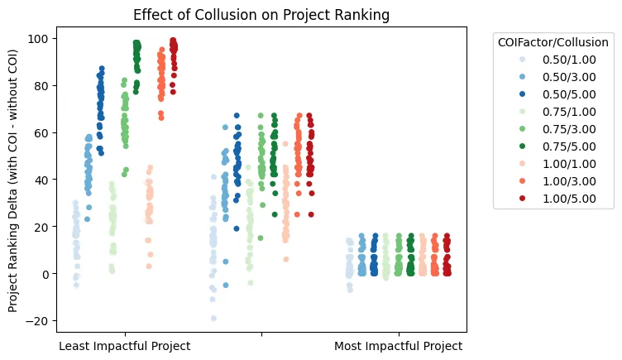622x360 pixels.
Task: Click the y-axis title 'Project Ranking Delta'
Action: (x=13, y=180)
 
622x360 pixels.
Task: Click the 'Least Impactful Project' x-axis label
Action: (x=125, y=346)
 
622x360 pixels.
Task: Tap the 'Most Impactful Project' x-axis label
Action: (x=399, y=346)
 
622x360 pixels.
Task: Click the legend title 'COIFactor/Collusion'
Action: (x=551, y=41)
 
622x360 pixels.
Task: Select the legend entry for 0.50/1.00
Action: (x=565, y=60)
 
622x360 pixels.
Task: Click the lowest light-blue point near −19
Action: (x=213, y=318)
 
